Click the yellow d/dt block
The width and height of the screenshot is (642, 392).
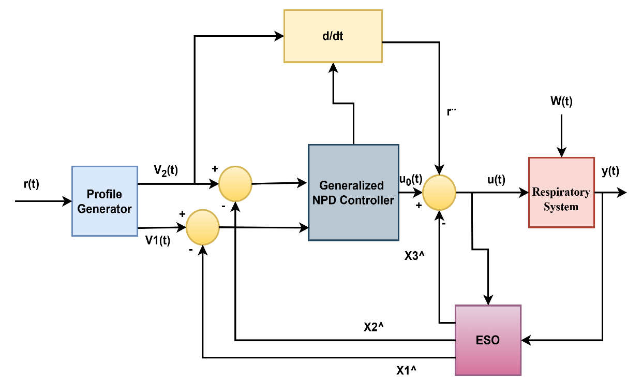[x=333, y=36]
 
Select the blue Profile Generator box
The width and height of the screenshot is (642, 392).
[x=104, y=201]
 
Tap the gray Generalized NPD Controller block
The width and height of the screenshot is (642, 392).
[x=353, y=192]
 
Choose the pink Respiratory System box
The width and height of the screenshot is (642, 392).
[x=561, y=192]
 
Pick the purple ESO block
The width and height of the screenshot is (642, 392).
[x=488, y=340]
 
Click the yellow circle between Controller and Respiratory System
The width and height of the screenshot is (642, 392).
[x=439, y=192]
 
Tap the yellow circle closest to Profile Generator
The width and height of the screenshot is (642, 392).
[x=203, y=227]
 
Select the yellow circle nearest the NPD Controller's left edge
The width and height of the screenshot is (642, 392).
[x=235, y=184]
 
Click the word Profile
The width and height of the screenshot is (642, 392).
[x=104, y=194]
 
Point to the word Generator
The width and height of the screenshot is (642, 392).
[x=104, y=209]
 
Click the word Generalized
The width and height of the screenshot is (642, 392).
[x=352, y=185]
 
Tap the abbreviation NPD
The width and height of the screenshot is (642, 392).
[x=324, y=200]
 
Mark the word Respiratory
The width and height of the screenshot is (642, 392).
[x=561, y=192]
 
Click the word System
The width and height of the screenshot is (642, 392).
[x=561, y=207]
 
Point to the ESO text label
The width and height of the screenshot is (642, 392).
[x=488, y=340]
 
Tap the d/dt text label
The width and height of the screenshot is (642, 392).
[x=333, y=36]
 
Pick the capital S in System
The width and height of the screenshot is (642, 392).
[x=546, y=207]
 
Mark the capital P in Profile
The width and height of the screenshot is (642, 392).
[x=89, y=194]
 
